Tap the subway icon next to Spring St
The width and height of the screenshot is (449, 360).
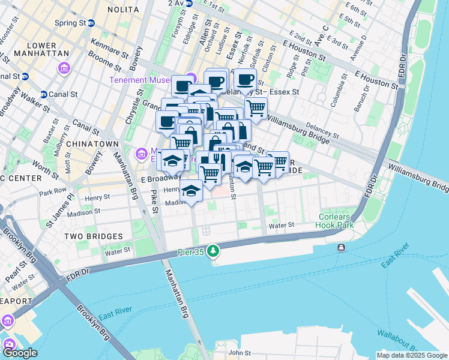[91, 23]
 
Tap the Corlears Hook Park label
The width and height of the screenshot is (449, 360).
[336, 226]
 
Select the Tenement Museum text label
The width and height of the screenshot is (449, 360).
[145, 80]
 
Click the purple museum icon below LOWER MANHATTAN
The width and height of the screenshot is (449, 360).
[64, 70]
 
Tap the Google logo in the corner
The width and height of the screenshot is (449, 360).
[19, 353]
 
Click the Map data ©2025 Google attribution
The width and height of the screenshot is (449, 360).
[412, 355]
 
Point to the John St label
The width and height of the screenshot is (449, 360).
[239, 353]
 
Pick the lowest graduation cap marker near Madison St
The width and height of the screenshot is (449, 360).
[191, 192]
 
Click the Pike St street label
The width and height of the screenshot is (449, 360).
[154, 196]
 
